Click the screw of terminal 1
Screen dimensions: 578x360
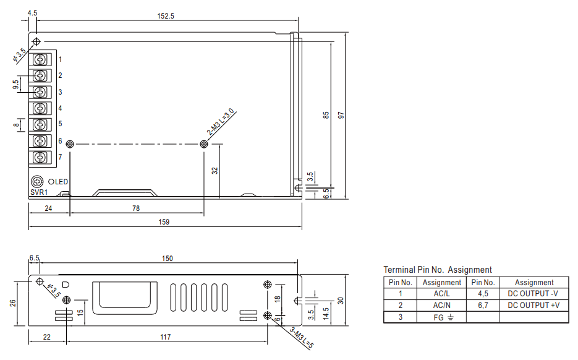coord(40,59)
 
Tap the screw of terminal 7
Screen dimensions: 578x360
coord(40,158)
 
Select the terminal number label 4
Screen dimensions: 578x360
coord(60,108)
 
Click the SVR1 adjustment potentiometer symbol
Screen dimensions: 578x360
coord(37,181)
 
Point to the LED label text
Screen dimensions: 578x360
coord(61,182)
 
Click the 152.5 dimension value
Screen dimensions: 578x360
coord(166,16)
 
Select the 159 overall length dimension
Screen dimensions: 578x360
coord(164,221)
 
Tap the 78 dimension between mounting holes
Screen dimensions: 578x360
coord(136,208)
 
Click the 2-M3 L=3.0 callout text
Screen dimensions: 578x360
coord(221,122)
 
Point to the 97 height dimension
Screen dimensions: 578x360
coord(341,115)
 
